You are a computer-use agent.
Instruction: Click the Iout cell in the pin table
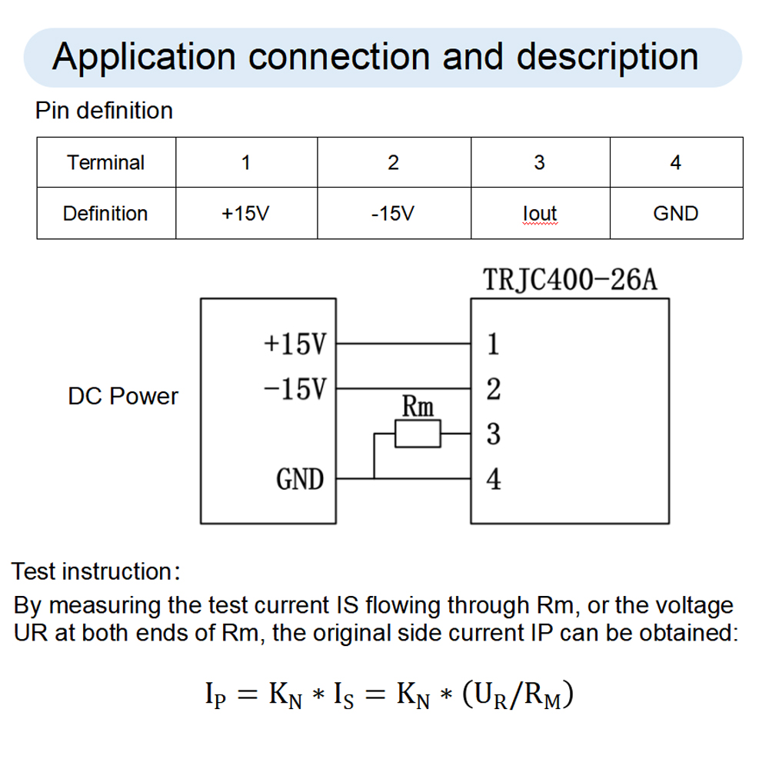pos(539,213)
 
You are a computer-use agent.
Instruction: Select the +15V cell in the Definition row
pos(245,213)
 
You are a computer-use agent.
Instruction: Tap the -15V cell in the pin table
pos(393,213)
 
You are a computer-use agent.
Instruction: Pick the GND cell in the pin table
pos(675,213)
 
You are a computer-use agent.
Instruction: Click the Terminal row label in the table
pos(105,163)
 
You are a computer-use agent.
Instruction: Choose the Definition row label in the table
pos(105,213)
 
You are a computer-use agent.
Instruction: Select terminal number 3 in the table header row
pos(539,163)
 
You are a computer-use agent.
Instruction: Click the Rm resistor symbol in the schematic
pos(418,434)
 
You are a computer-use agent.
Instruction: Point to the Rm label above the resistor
pos(418,406)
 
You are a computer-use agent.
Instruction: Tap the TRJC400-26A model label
pos(570,280)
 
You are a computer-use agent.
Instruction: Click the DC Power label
pos(123,397)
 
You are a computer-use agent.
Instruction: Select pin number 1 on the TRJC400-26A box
pos(493,344)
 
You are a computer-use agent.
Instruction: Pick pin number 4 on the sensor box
pos(494,479)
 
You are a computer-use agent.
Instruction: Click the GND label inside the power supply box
pos(300,480)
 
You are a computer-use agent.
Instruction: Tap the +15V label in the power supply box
pos(295,344)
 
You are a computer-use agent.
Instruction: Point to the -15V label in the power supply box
pos(295,388)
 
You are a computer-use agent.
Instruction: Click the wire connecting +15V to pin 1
pos(403,344)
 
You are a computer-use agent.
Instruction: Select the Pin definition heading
pos(104,111)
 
